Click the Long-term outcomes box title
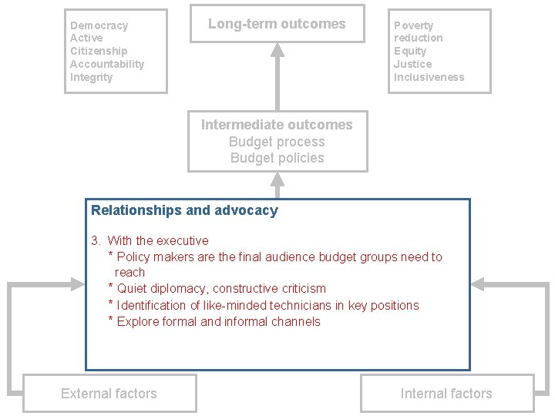[x=277, y=24]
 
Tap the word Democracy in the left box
[x=99, y=25]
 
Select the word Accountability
[x=106, y=64]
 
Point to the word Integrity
[x=91, y=77]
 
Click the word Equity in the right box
[x=410, y=51]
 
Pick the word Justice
[x=412, y=64]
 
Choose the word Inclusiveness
[x=429, y=77]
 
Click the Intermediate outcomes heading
[x=277, y=125]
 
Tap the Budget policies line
[x=277, y=158]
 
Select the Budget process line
[x=277, y=142]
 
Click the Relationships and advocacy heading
[x=184, y=210]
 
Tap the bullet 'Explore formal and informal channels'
[x=218, y=322]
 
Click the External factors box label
[x=109, y=394]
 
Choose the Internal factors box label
[x=446, y=394]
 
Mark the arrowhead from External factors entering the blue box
[x=77, y=284]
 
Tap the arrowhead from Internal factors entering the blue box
[x=478, y=284]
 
